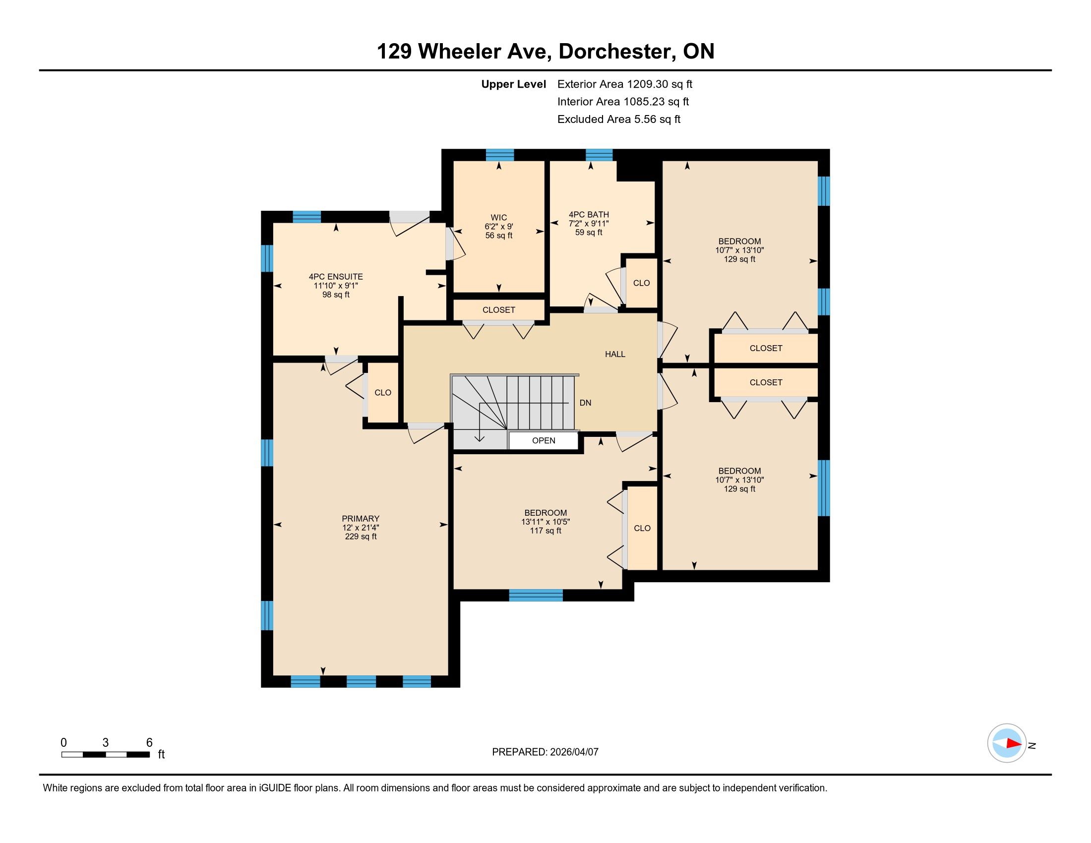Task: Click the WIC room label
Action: tap(498, 218)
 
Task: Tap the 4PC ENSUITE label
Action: tap(336, 277)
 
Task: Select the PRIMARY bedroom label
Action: tap(361, 518)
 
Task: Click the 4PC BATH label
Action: tap(589, 215)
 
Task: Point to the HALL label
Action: tap(615, 354)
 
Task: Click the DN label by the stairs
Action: tap(586, 403)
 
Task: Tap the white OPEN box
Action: tap(544, 440)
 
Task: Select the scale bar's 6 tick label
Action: tap(149, 743)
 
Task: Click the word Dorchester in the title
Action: tap(614, 52)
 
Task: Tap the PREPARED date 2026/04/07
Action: tap(574, 752)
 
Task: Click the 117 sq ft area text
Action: tap(545, 531)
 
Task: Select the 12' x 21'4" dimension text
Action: tap(361, 528)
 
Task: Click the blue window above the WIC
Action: tap(499, 155)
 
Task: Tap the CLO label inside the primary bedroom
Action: tap(383, 393)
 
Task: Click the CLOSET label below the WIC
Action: tap(498, 309)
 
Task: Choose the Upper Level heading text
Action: tap(514, 84)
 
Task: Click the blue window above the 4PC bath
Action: tap(599, 155)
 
